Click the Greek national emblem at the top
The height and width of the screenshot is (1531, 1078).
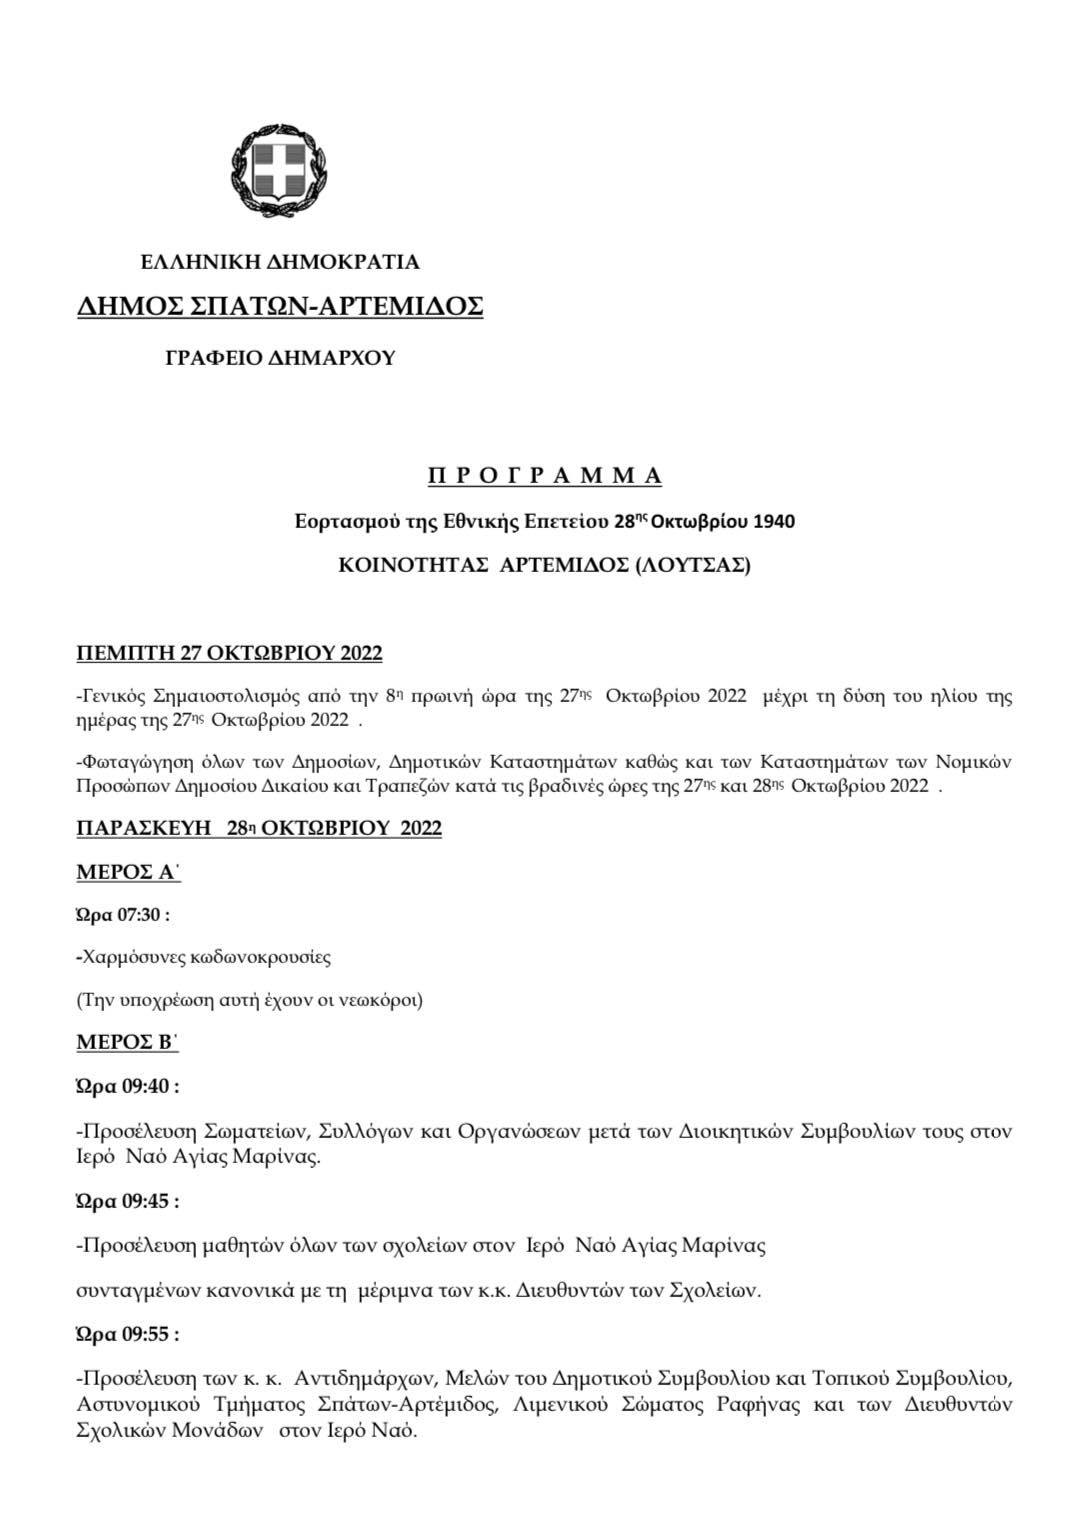[x=280, y=170]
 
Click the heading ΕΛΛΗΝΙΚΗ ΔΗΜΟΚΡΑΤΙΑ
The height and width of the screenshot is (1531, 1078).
[x=280, y=263]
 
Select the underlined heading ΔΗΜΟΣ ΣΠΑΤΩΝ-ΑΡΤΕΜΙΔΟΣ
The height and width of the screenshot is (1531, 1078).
[x=280, y=306]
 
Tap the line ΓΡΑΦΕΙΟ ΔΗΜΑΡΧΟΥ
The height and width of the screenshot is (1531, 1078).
[x=280, y=358]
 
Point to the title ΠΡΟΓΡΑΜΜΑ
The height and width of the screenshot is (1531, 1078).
[x=545, y=476]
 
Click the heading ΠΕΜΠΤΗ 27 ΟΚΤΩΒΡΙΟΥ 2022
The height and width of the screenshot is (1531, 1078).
[x=229, y=654]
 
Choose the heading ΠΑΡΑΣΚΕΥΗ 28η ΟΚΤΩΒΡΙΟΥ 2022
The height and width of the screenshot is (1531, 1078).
[x=259, y=829]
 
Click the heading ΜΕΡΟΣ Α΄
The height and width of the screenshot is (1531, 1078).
[x=128, y=872]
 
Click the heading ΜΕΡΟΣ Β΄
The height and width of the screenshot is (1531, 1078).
[x=128, y=1042]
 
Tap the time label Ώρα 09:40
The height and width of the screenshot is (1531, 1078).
[x=127, y=1086]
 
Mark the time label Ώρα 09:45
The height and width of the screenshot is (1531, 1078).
[x=127, y=1202]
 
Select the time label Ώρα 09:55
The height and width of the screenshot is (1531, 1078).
[x=127, y=1334]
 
